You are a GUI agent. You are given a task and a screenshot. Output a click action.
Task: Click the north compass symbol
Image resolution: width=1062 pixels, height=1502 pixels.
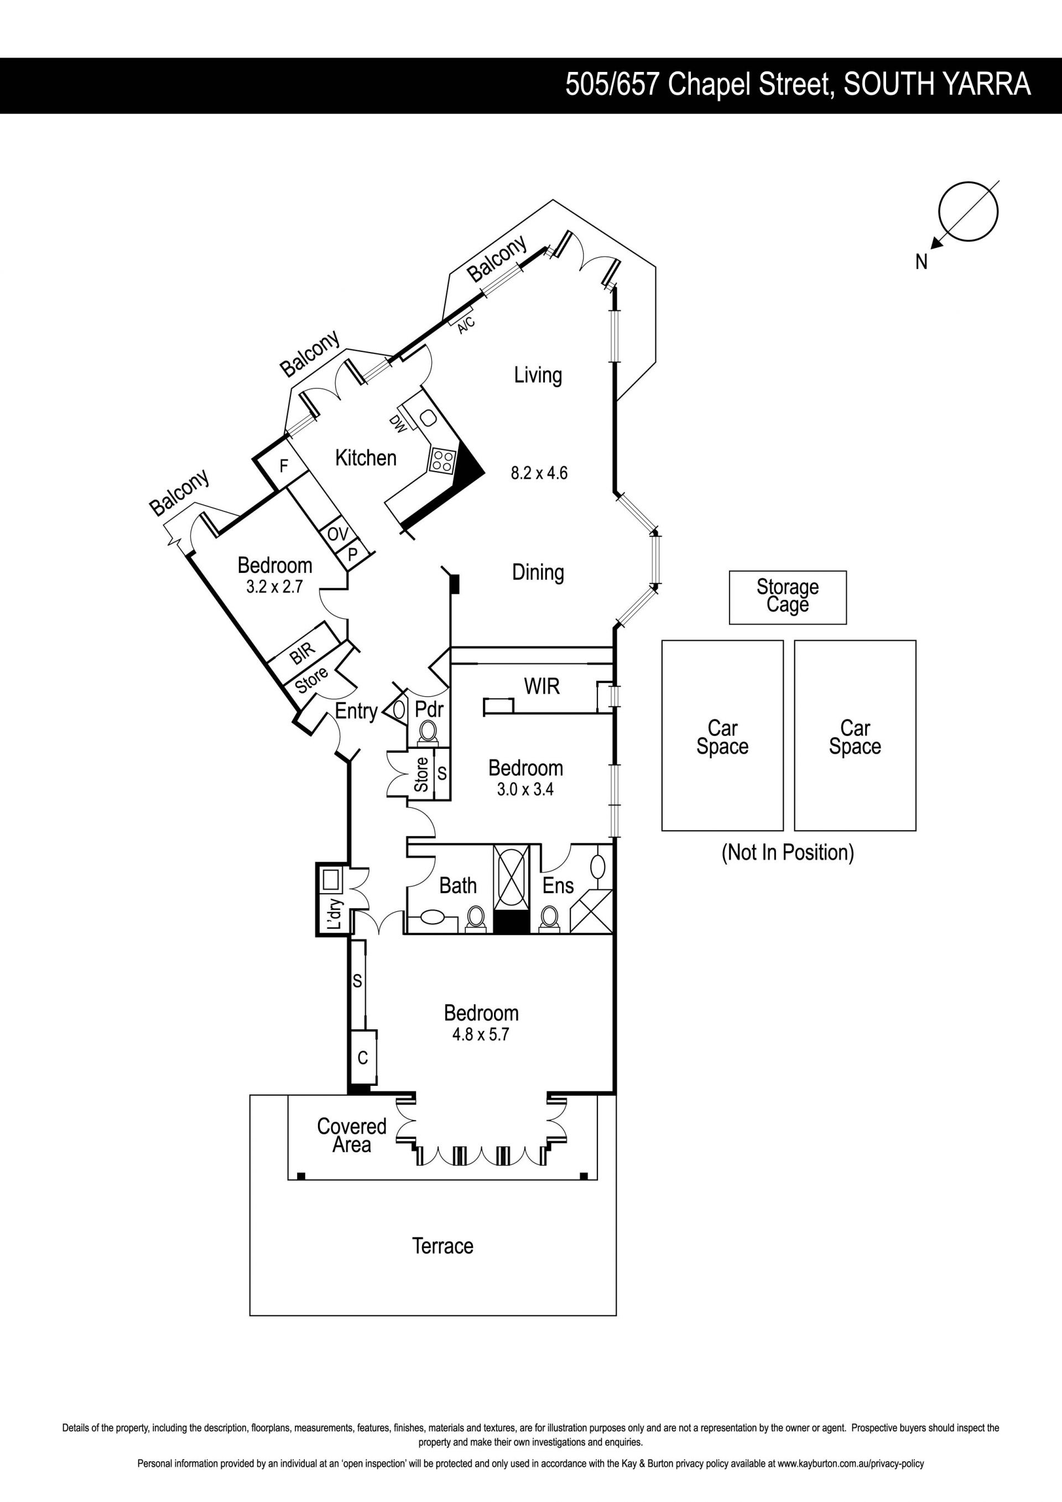[967, 213]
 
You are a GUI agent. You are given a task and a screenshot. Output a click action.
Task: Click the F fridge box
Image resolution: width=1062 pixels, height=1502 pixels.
[284, 466]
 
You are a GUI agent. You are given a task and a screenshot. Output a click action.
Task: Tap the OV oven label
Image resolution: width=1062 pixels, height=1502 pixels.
[337, 534]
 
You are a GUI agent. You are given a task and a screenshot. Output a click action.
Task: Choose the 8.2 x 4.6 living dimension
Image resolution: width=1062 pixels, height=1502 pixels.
[539, 472]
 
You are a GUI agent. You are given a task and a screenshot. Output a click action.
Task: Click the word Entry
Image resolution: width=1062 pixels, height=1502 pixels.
[356, 711]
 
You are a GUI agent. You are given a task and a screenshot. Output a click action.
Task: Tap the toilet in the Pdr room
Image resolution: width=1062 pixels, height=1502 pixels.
[428, 730]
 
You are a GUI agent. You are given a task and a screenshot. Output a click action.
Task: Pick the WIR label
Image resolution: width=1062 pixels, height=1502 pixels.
[542, 686]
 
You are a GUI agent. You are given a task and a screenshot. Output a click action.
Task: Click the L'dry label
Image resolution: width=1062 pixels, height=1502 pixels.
[334, 915]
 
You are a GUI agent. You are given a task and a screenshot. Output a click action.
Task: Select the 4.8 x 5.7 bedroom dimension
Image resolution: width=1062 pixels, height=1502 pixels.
[480, 1034]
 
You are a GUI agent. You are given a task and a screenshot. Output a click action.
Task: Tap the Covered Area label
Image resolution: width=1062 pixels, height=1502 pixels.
[351, 1135]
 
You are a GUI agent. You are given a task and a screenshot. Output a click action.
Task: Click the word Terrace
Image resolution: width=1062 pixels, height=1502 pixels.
[442, 1246]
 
